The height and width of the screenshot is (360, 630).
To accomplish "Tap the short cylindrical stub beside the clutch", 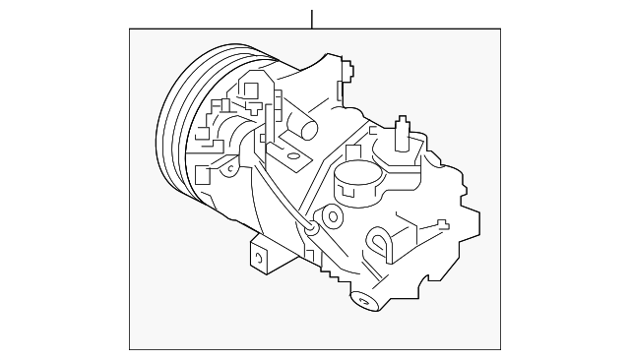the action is click(305, 128).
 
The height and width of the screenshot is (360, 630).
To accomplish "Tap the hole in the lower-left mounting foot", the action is click(260, 258).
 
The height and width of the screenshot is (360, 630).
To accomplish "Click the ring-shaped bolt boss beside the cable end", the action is click(332, 216).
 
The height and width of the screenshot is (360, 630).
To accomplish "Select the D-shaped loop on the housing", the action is click(379, 239).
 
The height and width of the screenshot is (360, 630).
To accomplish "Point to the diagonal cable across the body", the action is click(286, 197).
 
